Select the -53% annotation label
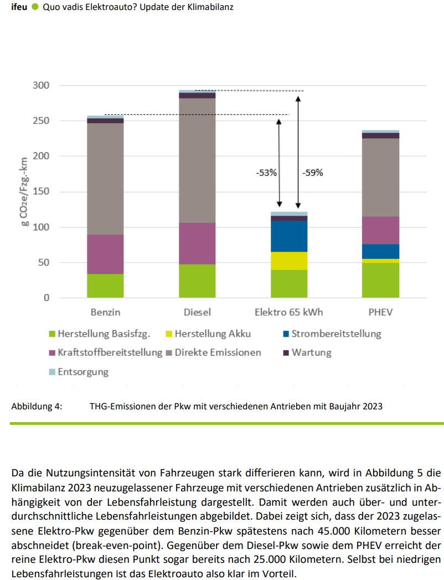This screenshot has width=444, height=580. coord(266,172)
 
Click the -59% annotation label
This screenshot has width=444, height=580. coord(312,172)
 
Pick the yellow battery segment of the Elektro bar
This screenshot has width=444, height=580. coord(289,260)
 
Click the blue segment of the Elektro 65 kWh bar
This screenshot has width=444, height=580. coord(289,236)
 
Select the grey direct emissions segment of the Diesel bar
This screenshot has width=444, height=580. coord(197,160)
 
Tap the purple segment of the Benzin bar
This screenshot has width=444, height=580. coord(105,254)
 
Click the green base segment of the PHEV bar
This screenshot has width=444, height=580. coord(380,280)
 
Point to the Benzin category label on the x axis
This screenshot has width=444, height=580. coord(105,312)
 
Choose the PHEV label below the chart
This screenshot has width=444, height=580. coord(380,312)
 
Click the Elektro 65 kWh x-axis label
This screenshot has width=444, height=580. coord(288,312)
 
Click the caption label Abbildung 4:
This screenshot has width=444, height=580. coord(37,406)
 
